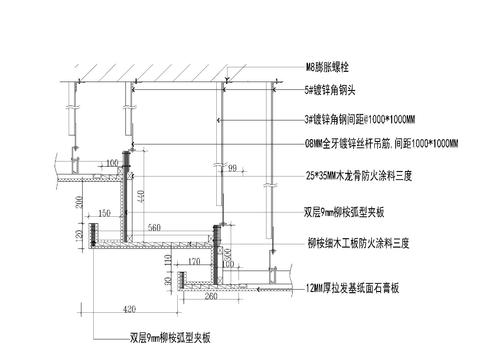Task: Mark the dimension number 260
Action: click(x=210, y=297)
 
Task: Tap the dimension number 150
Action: click(x=104, y=214)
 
